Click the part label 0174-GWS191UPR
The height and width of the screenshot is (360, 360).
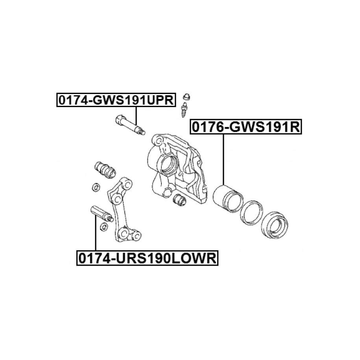point(116,100)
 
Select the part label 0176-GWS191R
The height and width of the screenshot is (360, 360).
point(246,127)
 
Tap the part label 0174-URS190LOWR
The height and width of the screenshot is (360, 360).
point(148,258)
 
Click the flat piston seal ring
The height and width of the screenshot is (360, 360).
point(251,212)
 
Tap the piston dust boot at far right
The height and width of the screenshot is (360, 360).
point(275,225)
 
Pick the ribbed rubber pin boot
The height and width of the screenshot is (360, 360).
point(105,170)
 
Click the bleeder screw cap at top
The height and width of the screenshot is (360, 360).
point(186,97)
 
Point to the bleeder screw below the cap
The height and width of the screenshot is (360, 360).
point(184,110)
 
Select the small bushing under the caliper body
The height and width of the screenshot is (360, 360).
point(179,200)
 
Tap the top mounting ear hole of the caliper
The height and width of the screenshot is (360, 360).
point(158,140)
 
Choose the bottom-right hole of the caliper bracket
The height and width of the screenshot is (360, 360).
point(137,236)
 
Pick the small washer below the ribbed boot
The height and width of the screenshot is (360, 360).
point(96,187)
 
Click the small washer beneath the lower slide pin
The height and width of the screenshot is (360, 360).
point(104,227)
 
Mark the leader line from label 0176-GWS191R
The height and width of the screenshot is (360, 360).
point(223,159)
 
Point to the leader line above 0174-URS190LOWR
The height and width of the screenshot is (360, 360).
point(96,232)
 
